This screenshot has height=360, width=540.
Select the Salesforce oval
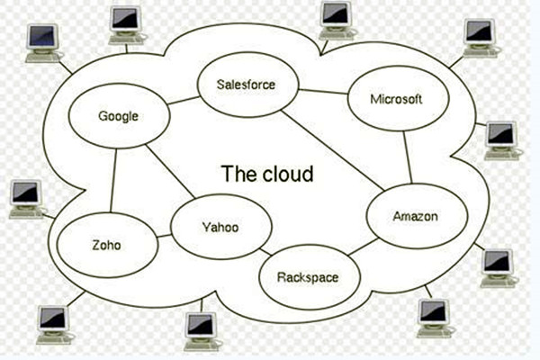[245, 86]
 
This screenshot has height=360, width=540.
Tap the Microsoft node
[395, 100]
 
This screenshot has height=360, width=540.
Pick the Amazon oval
[415, 217]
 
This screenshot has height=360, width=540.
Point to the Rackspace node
[307, 276]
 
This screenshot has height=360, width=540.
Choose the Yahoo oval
[220, 227]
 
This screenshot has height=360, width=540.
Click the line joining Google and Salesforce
[184, 100]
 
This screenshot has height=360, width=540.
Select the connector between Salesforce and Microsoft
[322, 91]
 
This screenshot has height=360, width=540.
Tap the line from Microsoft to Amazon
[409, 157]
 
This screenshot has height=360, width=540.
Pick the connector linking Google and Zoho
[112, 184]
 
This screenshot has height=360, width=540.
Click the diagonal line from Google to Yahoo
[171, 171]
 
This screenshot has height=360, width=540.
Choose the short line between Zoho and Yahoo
[164, 237]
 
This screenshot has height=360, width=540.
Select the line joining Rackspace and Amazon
[363, 247]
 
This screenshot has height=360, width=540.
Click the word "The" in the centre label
[239, 173]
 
